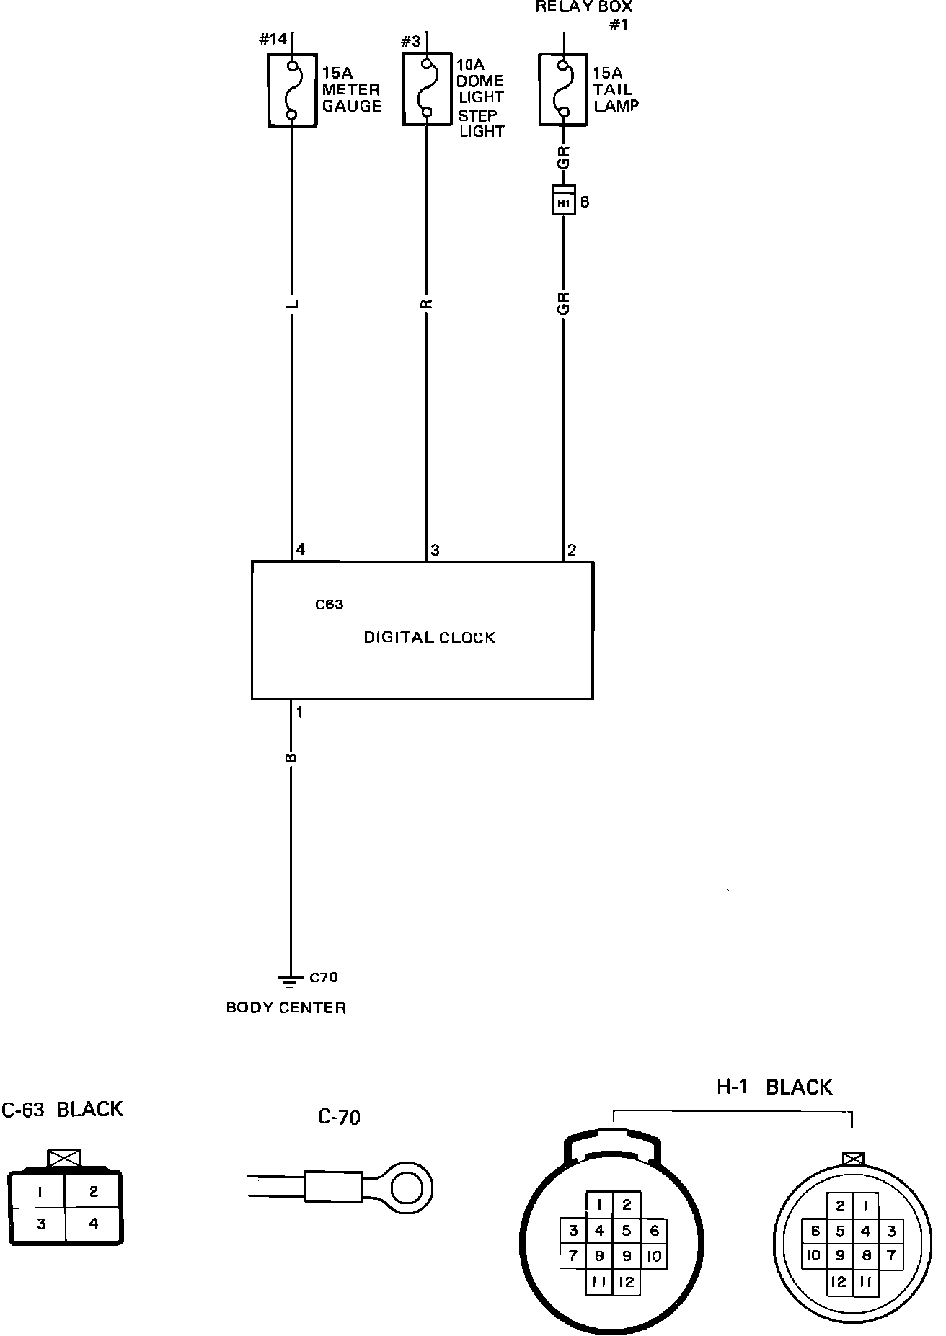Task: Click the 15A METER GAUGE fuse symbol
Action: [x=292, y=90]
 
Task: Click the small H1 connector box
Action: [x=563, y=203]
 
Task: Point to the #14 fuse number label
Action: [x=273, y=40]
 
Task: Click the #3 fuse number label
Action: [x=410, y=41]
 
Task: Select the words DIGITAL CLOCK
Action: [x=429, y=638]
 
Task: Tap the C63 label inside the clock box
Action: [x=330, y=605]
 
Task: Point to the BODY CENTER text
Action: [x=286, y=1007]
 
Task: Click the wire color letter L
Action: [x=292, y=304]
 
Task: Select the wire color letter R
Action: [x=427, y=304]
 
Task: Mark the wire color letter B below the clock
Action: [x=291, y=757]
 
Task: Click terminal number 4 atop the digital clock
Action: [x=301, y=550]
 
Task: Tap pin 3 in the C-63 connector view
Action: [x=40, y=1224]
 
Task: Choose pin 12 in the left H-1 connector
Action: [x=626, y=1281]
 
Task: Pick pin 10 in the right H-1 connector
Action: [x=814, y=1255]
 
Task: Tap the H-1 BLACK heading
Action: [x=774, y=1087]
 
